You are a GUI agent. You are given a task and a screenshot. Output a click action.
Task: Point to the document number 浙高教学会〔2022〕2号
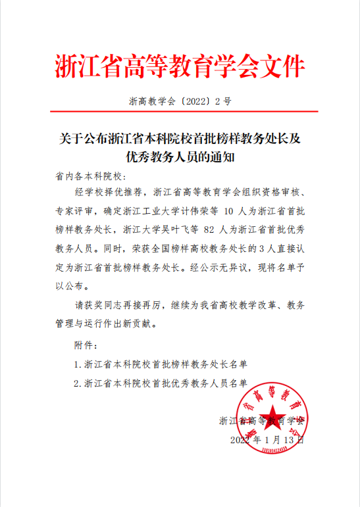pyautogui.click(x=180, y=103)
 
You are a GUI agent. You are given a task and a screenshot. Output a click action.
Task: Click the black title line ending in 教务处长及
pyautogui.click(x=180, y=139)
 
